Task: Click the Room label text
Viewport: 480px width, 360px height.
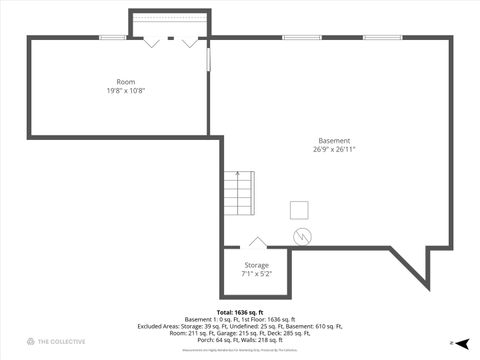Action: pos(125,81)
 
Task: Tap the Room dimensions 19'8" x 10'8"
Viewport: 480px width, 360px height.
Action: pos(125,90)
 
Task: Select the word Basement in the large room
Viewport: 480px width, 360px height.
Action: pos(334,140)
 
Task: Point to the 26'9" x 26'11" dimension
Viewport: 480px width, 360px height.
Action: pos(334,149)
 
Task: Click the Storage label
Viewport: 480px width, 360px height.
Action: pos(256,265)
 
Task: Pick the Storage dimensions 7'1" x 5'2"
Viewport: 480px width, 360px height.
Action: pos(256,274)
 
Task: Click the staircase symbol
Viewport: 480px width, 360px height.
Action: pos(236,192)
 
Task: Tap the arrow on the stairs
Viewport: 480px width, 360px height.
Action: pos(236,178)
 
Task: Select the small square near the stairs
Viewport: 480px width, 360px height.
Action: pos(299,209)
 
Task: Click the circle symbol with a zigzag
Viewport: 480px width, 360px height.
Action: pos(302,236)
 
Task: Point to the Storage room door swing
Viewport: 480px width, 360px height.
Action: pos(257,243)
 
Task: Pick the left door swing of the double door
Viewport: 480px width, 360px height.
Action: pos(151,42)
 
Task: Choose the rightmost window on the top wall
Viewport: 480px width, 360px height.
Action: pos(383,38)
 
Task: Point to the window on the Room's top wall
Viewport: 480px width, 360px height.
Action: pos(112,38)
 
